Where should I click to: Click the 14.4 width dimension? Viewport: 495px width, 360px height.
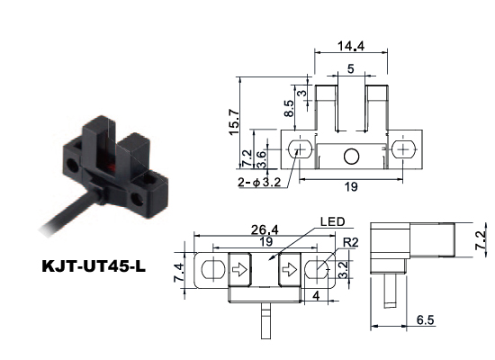tap(351, 47)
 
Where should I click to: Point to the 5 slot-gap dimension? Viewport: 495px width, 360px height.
tap(351, 68)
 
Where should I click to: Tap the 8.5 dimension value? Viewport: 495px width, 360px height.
tap(289, 109)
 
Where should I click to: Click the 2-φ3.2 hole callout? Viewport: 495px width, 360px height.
tap(259, 183)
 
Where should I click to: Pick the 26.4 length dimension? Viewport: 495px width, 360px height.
tap(265, 229)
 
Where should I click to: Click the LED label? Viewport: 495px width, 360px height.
tap(332, 221)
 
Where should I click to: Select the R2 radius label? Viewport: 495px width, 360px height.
tap(351, 242)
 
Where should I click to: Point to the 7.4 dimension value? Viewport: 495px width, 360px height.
tap(179, 272)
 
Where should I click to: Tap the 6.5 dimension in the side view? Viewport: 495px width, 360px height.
tap(426, 320)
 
